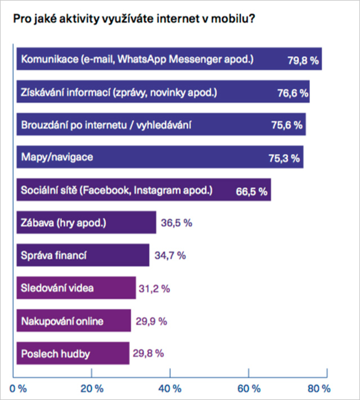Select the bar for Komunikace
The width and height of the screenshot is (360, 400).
pyautogui.click(x=169, y=59)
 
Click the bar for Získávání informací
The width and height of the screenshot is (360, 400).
pyautogui.click(x=163, y=92)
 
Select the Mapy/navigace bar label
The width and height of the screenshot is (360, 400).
pyautogui.click(x=56, y=156)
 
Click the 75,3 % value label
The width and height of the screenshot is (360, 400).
pyautogui.click(x=285, y=158)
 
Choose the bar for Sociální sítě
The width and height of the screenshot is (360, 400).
pyautogui.click(x=143, y=190)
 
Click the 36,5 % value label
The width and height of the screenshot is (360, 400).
pyautogui.click(x=177, y=223)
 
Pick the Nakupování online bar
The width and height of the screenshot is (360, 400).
pyautogui.click(x=74, y=321)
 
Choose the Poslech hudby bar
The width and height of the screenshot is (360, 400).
pyautogui.click(x=73, y=353)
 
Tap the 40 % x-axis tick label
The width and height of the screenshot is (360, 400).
pyautogui.click(x=170, y=389)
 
